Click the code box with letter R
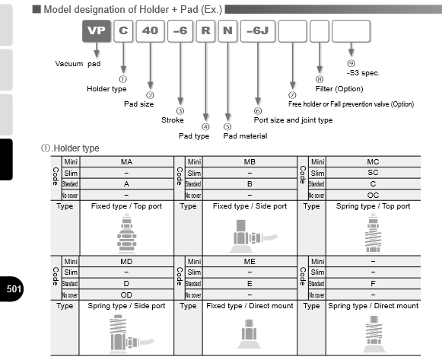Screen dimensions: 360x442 pyautogui.click(x=205, y=32)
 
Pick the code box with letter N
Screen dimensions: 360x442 pyautogui.click(x=227, y=32)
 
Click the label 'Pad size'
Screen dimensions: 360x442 pyautogui.click(x=139, y=104)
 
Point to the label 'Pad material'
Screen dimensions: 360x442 pyautogui.click(x=245, y=135)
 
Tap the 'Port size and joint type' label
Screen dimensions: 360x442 pyautogui.click(x=292, y=120)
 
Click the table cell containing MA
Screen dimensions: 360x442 pyautogui.click(x=127, y=162)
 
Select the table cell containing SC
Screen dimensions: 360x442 pyautogui.click(x=373, y=173)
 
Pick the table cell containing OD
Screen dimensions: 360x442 pyautogui.click(x=127, y=295)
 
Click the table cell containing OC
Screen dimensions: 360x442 pyautogui.click(x=373, y=194)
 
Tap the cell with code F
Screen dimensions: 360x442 pyautogui.click(x=373, y=284)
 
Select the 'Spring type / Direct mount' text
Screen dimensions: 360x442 pyautogui.click(x=373, y=306)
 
